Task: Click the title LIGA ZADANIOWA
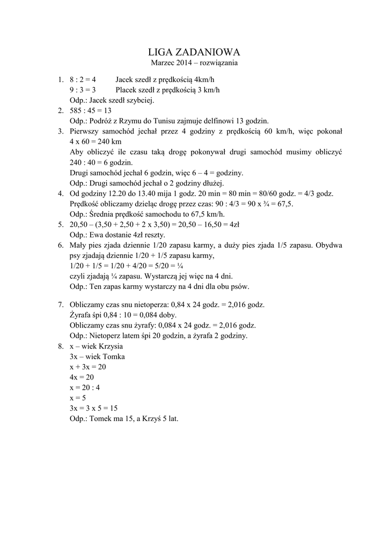point(194,52)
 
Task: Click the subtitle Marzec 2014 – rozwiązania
point(194,63)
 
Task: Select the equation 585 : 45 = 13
point(91,110)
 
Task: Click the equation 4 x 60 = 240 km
point(96,142)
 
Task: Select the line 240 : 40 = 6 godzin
point(102,162)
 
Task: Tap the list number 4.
point(61,194)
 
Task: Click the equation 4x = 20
point(82,377)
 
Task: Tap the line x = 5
point(78,398)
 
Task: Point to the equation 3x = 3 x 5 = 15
point(94,408)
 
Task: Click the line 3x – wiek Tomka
point(97,357)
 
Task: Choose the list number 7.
point(61,305)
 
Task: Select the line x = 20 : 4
point(85,387)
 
